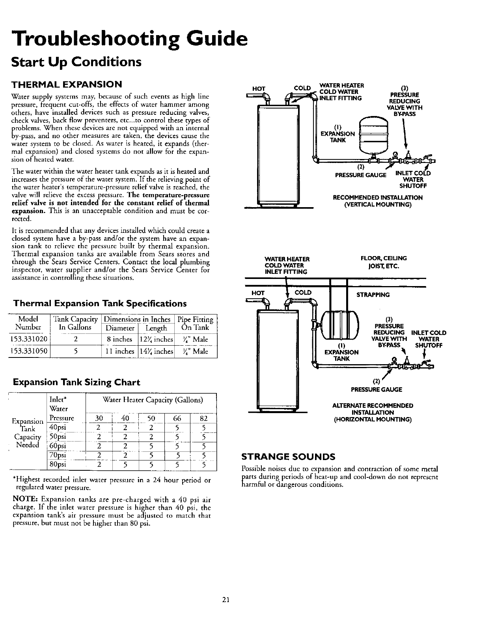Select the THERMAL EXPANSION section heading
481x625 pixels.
(x=67, y=84)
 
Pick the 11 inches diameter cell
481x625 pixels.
(x=118, y=352)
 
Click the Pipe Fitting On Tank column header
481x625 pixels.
(x=196, y=323)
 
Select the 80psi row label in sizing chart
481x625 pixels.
(x=56, y=464)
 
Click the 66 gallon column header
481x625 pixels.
(x=177, y=418)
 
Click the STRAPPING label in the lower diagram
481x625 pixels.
(x=373, y=295)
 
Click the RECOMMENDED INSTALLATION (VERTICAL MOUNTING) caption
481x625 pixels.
(x=378, y=201)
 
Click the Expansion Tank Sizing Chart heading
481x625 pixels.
(x=76, y=382)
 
